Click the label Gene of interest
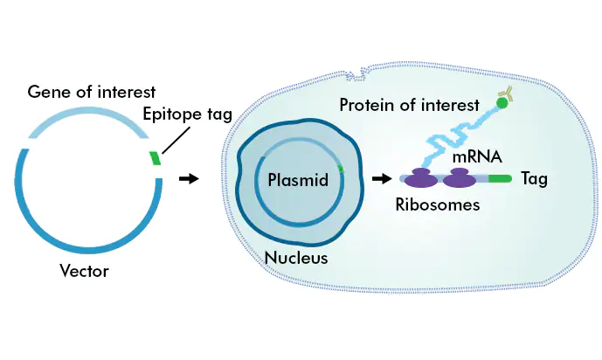click(x=92, y=92)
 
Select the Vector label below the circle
click(x=84, y=271)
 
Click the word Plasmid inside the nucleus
click(x=297, y=181)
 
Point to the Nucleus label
click(x=295, y=258)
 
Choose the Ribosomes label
click(x=437, y=206)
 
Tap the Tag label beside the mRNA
click(x=534, y=179)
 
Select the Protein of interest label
click(x=410, y=105)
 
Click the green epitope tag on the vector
click(x=155, y=158)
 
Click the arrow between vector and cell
click(x=187, y=179)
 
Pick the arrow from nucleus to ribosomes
click(x=380, y=179)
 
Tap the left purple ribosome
click(x=423, y=178)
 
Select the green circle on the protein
click(x=502, y=104)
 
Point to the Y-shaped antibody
click(x=507, y=93)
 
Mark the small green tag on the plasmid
click(x=341, y=167)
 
